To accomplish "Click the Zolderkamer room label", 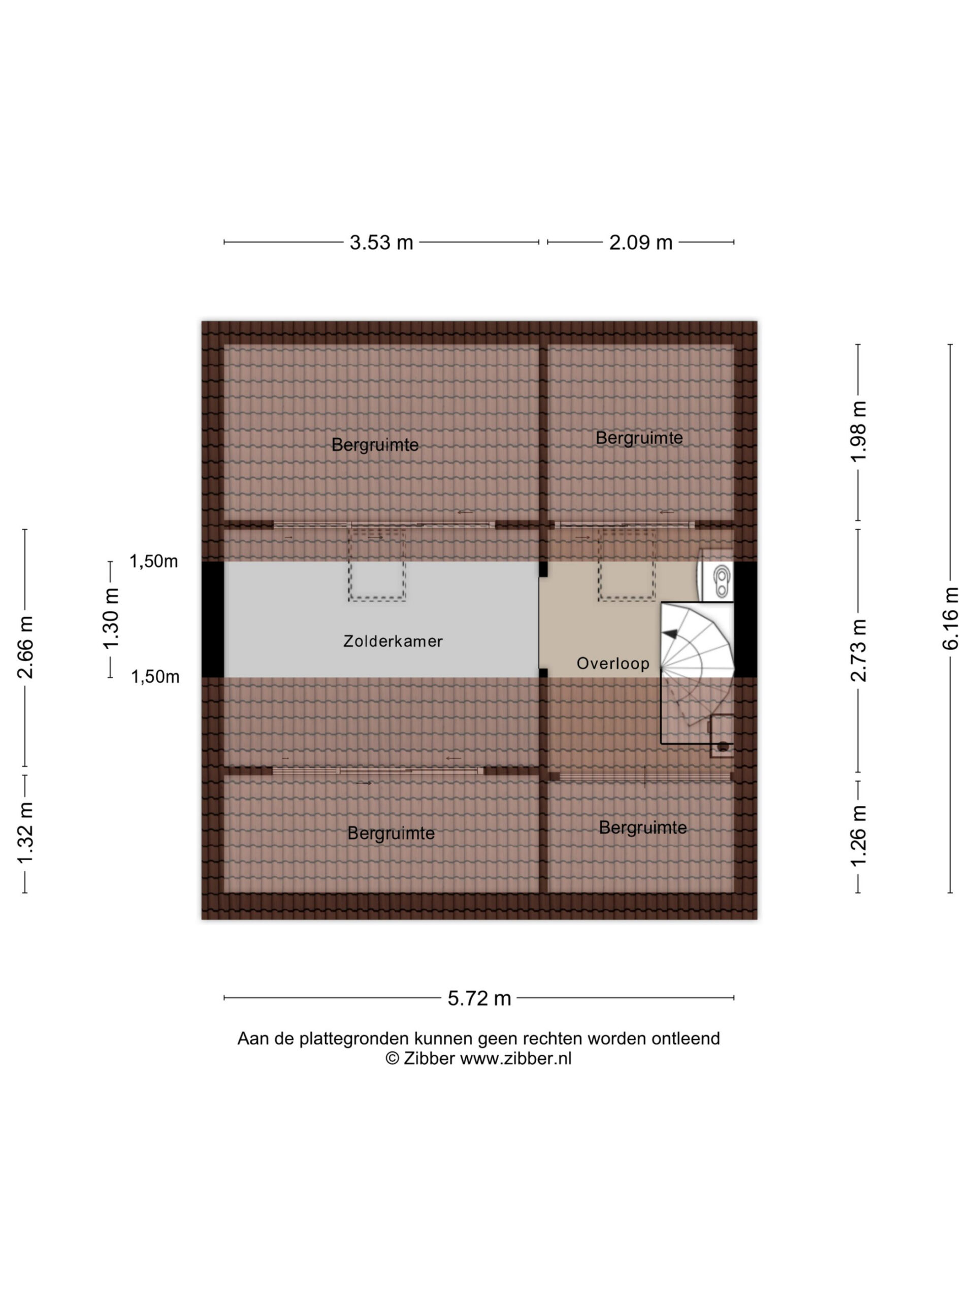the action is coord(393,641).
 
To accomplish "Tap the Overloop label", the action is coord(612,664).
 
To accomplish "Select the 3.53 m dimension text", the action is coord(381,243).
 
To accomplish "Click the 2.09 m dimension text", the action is coord(640,243).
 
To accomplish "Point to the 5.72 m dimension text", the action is coord(479,998).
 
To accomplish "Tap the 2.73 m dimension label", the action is coord(859,651).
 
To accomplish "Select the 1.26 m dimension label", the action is coord(859,835).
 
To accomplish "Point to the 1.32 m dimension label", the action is coord(25,833).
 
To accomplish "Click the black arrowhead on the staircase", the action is coord(670,634).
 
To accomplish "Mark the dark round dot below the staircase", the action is coord(724,746).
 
